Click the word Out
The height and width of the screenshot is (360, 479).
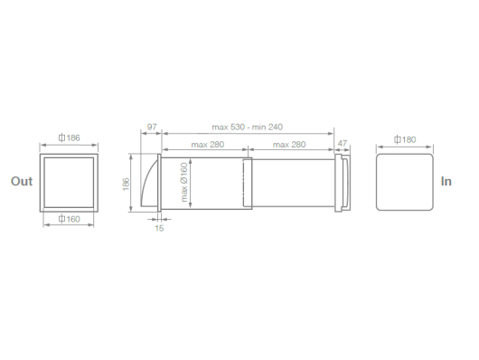(x=22, y=182)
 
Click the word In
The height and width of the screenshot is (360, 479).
(x=446, y=182)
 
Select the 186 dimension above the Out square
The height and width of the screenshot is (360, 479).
(x=70, y=138)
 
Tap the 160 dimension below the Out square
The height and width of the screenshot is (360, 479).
(x=70, y=219)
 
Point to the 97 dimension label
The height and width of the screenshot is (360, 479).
(x=152, y=127)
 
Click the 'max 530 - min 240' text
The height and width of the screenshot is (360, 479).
(x=247, y=127)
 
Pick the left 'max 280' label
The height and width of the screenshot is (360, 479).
(x=208, y=145)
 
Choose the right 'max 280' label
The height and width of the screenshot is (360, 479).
(x=289, y=145)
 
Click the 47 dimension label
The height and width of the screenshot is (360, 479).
(x=343, y=143)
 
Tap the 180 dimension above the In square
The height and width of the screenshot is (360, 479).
(x=405, y=140)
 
